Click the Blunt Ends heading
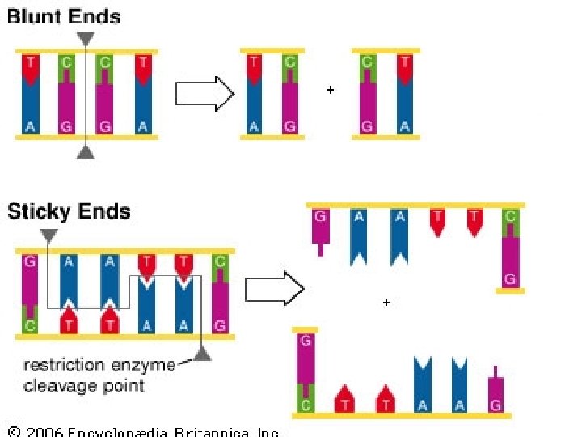click(x=64, y=17)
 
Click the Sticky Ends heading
click(x=69, y=212)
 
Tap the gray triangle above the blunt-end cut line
click(x=86, y=38)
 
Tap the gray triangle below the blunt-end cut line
click(x=86, y=151)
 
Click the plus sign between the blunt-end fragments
click(x=330, y=91)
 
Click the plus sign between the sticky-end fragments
click(x=386, y=302)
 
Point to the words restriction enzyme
click(x=99, y=365)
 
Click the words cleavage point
click(x=84, y=385)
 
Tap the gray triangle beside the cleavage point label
click(x=202, y=352)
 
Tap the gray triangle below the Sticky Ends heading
click(x=48, y=235)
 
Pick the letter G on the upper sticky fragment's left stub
click(x=320, y=217)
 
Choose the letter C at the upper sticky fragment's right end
click(x=509, y=217)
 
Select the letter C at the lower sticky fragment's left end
click(x=306, y=404)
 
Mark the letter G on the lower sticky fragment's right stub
click(x=496, y=404)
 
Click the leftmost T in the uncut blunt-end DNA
click(x=30, y=61)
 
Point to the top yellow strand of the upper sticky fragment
click(x=415, y=206)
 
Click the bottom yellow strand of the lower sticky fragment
click(x=401, y=415)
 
